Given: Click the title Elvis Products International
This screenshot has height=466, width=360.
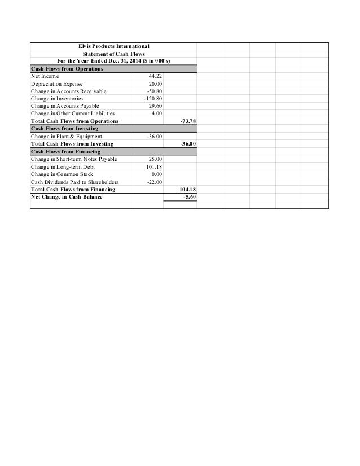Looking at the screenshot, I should point(113,46).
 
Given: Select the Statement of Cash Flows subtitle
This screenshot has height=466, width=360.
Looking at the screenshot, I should point(113,54).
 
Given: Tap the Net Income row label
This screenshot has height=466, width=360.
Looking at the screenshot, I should point(45,76).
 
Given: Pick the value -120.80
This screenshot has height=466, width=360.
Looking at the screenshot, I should point(153,99).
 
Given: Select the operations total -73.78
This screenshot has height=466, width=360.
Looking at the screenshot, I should point(187,121).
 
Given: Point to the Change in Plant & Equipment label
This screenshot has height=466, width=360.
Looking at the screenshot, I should point(67,137).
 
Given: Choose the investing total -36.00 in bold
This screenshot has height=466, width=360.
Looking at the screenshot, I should point(187,144).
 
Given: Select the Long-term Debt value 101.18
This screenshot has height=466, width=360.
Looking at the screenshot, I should point(154,167).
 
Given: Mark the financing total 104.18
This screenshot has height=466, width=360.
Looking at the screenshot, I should point(187,190).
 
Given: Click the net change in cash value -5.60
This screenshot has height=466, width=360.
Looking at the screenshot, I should point(188,197).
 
